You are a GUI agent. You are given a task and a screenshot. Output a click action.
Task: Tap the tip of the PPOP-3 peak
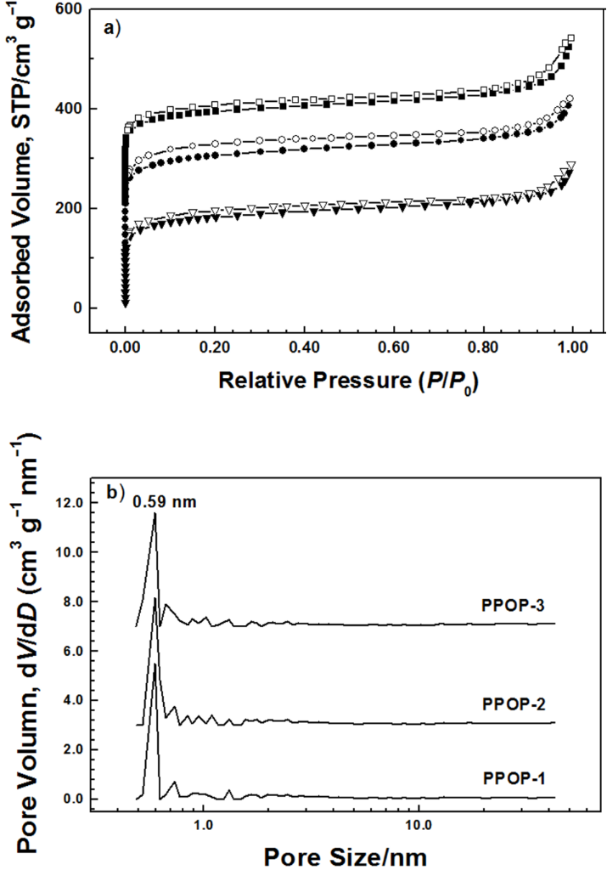click(155, 512)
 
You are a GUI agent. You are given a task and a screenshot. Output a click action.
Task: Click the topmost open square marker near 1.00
click(571, 38)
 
